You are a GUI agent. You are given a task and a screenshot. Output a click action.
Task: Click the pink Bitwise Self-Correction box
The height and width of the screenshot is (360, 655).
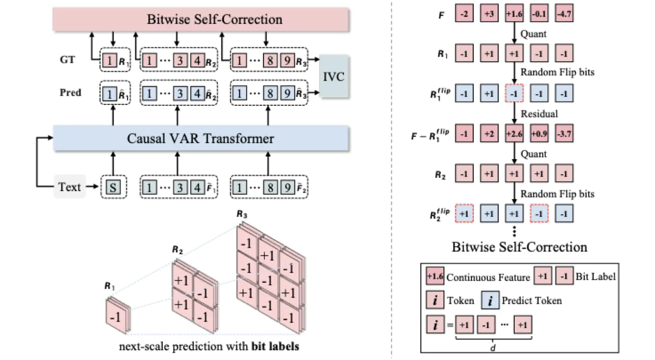click(201, 19)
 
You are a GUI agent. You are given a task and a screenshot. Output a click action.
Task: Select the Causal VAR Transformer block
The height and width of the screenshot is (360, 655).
click(201, 139)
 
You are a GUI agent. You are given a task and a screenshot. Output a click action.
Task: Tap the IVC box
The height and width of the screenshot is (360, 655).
click(334, 76)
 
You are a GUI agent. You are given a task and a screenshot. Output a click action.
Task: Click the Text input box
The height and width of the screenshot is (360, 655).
click(70, 187)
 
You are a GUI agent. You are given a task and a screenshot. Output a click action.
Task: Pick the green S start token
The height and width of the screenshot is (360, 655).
click(113, 187)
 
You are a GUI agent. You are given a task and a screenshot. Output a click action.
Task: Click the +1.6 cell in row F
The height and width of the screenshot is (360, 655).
click(514, 14)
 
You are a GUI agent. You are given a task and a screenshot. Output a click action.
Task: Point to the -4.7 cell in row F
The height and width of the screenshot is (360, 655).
click(564, 14)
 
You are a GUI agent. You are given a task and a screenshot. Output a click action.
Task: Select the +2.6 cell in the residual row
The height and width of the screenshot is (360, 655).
click(514, 134)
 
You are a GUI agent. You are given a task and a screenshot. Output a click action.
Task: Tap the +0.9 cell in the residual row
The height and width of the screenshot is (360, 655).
click(539, 134)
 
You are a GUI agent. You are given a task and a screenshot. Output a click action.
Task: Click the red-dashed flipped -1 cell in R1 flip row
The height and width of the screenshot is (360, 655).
click(514, 94)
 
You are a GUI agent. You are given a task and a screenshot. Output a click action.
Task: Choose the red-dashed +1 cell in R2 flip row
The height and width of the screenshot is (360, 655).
click(464, 213)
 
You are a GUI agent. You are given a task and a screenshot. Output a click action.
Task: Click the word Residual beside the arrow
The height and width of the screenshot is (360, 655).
click(539, 114)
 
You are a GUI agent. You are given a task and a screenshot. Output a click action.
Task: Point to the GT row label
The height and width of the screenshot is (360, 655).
click(67, 60)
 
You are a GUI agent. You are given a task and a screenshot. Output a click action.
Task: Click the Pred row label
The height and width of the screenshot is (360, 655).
click(71, 93)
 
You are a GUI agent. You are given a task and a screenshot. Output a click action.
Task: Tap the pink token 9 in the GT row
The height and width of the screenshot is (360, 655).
click(287, 60)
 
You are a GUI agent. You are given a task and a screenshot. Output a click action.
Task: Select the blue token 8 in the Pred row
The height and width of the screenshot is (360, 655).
click(270, 94)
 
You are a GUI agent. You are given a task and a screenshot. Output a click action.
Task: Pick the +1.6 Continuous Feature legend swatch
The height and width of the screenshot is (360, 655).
click(435, 276)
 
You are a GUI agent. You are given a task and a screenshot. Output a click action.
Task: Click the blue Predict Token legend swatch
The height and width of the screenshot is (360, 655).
click(490, 300)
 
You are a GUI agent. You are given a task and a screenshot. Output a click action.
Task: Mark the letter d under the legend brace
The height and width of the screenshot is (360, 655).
click(493, 348)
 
